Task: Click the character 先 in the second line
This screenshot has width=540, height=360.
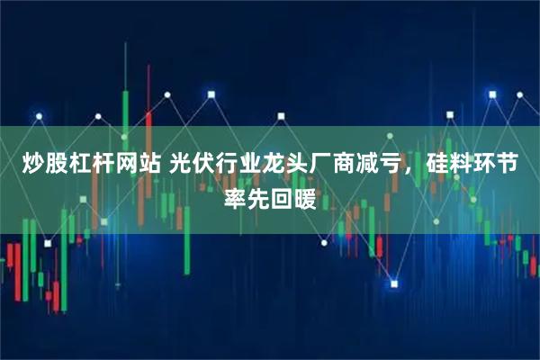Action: pos(257,197)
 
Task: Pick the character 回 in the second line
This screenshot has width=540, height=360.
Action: pos(283,197)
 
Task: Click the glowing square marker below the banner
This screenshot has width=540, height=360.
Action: pos(393,284)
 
